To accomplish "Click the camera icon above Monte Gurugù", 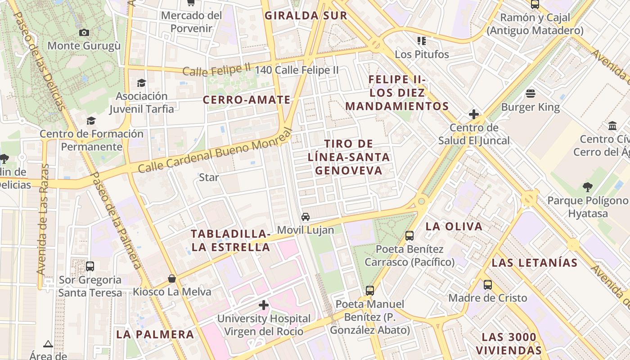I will (x=84, y=32).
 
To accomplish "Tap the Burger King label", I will (x=531, y=107).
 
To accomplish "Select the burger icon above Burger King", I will (x=531, y=94).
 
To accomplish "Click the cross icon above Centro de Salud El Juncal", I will (x=474, y=114).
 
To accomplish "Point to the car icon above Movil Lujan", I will (x=306, y=217).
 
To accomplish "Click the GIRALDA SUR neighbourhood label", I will (x=306, y=16).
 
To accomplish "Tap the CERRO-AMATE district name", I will (x=247, y=100).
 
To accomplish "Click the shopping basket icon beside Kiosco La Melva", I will (x=172, y=279).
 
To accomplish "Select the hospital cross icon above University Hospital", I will (x=264, y=306).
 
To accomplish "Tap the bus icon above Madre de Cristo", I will (x=488, y=284).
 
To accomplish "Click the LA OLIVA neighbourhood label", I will (x=454, y=226).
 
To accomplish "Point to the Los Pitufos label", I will (x=422, y=54).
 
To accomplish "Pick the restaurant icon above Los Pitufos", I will (x=422, y=41).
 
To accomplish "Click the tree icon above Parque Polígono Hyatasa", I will (x=587, y=187).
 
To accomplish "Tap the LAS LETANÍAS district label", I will (x=534, y=263).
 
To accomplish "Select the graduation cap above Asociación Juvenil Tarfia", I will (x=141, y=83).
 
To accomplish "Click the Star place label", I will (x=209, y=177).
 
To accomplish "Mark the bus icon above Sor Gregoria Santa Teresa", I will (x=90, y=266).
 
